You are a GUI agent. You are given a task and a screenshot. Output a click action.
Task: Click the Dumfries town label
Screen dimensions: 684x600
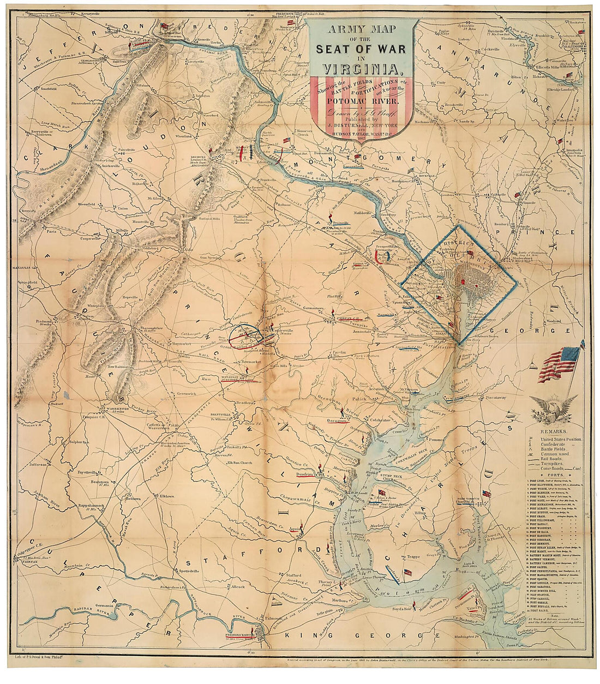[x=307, y=475]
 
